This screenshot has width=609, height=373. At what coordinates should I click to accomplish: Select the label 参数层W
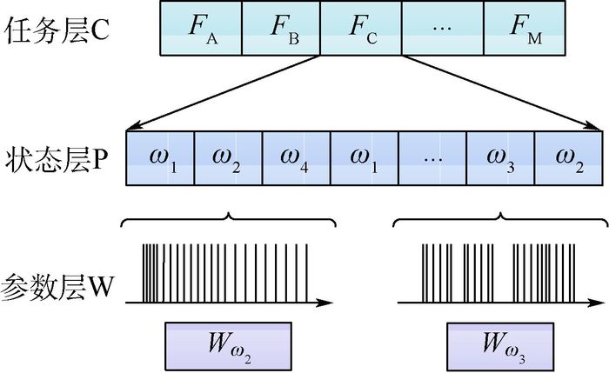pos(57,285)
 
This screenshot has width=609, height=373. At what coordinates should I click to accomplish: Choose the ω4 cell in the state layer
pos(297,158)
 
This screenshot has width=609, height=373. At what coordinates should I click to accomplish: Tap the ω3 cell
pos(500,158)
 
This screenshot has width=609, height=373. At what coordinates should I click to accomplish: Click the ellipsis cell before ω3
pos(432,158)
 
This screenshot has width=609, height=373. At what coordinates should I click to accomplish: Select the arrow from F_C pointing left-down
pos(226,92)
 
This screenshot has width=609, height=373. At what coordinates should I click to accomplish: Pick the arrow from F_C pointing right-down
pos(496,92)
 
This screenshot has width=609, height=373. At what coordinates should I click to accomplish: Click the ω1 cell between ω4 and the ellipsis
pos(365,158)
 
